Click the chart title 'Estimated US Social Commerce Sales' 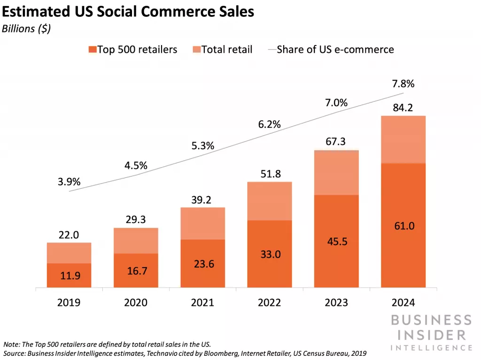pos(128,12)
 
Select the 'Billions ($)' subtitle pos(26,29)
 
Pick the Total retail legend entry pos(222,49)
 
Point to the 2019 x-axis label pos(69,302)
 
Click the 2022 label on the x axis pos(270,302)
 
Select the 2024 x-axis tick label pos(403,302)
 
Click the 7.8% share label pos(403,84)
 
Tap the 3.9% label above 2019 pos(69,182)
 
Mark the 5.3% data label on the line pos(202,146)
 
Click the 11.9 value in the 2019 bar pos(69,276)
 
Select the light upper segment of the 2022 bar pos(270,201)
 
